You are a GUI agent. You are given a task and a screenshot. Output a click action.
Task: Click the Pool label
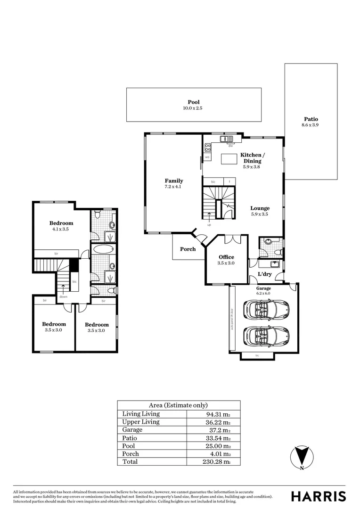coord(194,102)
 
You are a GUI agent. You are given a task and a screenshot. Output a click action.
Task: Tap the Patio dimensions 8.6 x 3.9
coord(310,125)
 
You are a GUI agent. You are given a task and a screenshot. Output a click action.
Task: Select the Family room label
coord(174,181)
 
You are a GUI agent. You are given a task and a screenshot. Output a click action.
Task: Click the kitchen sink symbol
coord(227,139)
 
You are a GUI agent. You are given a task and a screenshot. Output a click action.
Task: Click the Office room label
coord(226,257)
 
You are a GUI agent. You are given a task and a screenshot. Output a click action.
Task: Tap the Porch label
coord(188,249)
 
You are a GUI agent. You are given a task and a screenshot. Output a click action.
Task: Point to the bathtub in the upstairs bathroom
coord(103,249)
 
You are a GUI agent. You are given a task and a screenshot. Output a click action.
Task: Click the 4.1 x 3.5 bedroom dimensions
coord(61,229)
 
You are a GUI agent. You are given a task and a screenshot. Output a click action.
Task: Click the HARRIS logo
coord(319,496)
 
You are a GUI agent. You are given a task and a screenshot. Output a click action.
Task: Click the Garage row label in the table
coord(132,430)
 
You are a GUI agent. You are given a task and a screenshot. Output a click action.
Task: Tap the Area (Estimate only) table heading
coord(178,405)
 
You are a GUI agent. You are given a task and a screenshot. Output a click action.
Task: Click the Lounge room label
coord(260,208)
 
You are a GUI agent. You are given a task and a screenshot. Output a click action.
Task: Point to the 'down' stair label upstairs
coord(63,297)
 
